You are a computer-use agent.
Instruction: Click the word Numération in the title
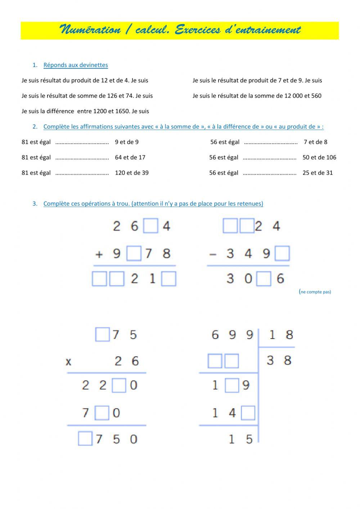pos(90,30)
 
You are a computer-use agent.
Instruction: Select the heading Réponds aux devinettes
pos(76,65)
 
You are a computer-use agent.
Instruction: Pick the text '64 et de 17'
pos(130,157)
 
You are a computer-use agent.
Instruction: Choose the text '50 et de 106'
pos(319,157)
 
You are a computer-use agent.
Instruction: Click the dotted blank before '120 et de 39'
pos(82,173)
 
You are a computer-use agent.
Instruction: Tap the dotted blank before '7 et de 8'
pos(271,142)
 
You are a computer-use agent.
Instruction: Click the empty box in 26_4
pos(150,226)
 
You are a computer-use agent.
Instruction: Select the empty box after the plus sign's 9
pos(134,254)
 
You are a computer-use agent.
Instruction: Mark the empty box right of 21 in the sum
pos(169,279)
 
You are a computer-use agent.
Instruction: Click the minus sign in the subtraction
pos(213,254)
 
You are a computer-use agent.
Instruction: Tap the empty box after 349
pos(282,254)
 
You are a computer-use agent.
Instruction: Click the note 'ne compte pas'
pos(315,292)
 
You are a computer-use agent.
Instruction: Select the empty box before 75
pos(102,335)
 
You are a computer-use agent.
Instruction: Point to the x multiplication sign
pos(68,361)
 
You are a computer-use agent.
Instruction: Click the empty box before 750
pos(85,439)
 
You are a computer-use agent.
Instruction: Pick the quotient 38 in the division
pos(279,360)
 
